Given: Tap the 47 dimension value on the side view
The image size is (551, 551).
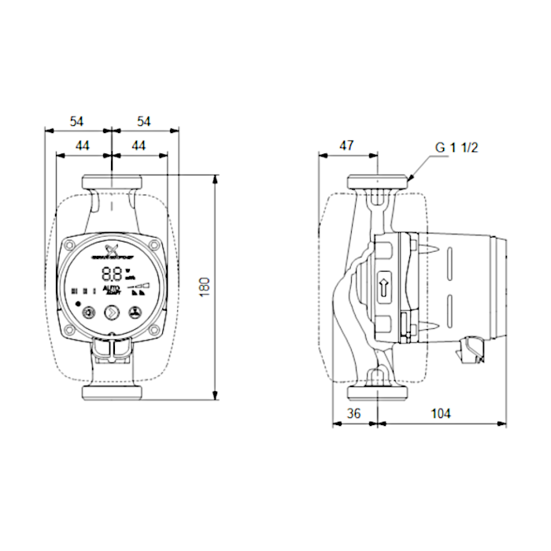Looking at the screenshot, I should [x=346, y=145].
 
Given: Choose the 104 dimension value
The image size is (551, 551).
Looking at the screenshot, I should [x=441, y=413].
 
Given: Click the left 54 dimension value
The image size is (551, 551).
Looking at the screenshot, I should [x=77, y=121].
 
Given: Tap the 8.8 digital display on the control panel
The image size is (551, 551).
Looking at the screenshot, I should [x=112, y=274].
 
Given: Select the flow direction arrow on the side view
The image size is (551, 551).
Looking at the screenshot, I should [x=385, y=287].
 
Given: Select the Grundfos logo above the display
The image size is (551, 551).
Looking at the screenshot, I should [x=112, y=253].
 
